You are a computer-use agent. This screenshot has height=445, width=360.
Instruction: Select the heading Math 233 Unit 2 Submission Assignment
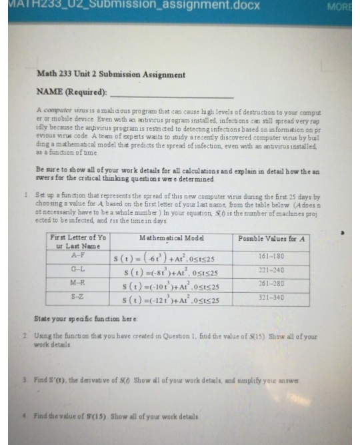pos(111,75)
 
